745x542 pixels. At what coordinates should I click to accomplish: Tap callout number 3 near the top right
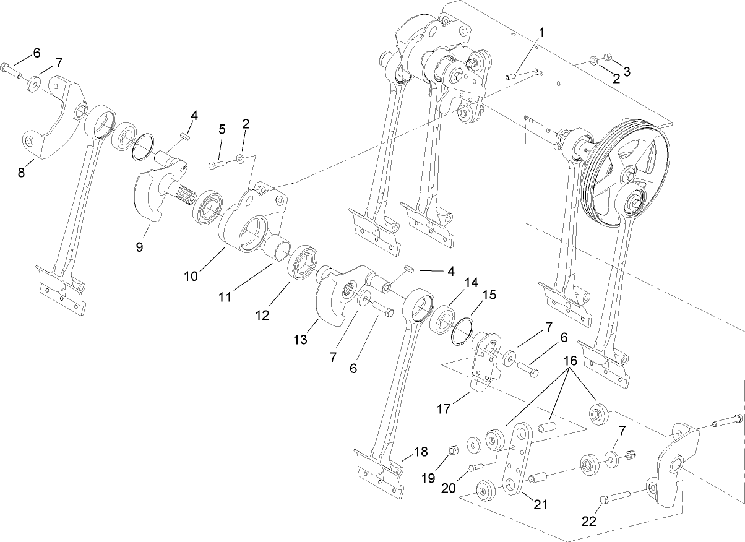pyautogui.click(x=627, y=72)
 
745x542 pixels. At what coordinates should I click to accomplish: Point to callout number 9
pyautogui.click(x=139, y=247)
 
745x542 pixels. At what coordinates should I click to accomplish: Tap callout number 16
pyautogui.click(x=569, y=360)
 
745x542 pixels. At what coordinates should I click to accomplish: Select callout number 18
pyautogui.click(x=421, y=452)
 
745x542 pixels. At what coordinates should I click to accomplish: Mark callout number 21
pyautogui.click(x=540, y=504)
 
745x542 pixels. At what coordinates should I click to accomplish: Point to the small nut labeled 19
pyautogui.click(x=452, y=449)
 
